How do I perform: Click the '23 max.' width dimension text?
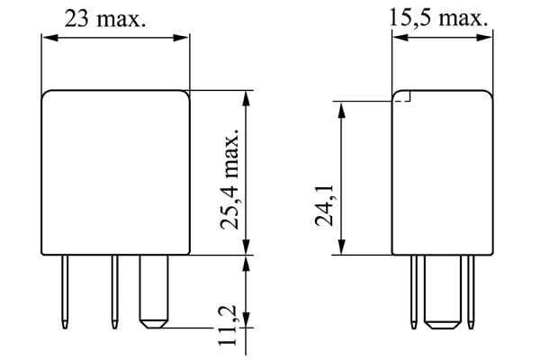click(105, 20)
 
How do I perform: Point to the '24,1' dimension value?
click(324, 206)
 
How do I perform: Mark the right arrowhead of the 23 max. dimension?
click(184, 38)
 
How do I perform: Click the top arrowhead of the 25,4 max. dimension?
click(246, 96)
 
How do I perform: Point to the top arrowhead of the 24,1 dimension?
click(340, 107)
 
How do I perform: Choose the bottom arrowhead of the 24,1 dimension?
click(340, 249)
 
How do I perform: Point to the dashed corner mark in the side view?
click(404, 98)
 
